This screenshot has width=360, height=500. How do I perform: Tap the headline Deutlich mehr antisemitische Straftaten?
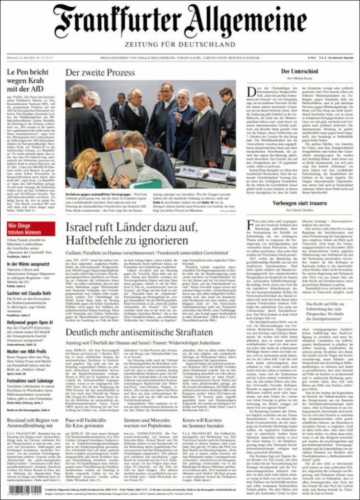[x=139, y=332]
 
